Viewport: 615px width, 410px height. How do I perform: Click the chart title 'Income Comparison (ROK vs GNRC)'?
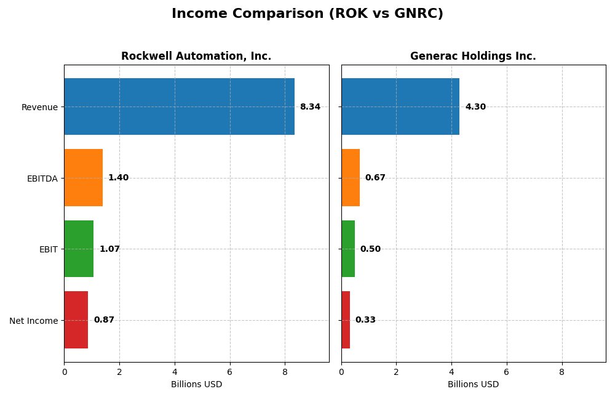[307, 14]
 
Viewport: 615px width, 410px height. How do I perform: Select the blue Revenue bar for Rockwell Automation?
[179, 107]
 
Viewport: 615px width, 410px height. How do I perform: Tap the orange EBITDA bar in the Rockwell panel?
[83, 177]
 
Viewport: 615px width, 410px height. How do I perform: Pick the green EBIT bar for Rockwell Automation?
[79, 249]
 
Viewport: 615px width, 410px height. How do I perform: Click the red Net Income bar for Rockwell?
[76, 320]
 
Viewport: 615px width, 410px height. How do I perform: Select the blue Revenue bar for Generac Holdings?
[400, 107]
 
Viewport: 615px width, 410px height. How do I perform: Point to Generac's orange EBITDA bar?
[351, 177]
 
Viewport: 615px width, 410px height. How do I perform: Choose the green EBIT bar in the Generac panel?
[348, 249]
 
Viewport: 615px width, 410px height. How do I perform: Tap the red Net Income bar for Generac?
[346, 320]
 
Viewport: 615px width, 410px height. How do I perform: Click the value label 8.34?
[310, 107]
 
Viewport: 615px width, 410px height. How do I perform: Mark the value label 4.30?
[475, 107]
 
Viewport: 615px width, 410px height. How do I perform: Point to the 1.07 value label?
[109, 249]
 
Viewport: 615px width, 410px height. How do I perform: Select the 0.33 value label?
[365, 320]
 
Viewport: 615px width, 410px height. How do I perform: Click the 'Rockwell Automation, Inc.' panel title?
[196, 57]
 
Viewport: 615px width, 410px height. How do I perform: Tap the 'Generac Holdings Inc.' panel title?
[473, 57]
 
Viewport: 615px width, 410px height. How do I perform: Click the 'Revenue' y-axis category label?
[39, 107]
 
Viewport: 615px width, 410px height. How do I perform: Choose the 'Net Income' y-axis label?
[34, 321]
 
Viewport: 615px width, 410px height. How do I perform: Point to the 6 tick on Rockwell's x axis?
[230, 372]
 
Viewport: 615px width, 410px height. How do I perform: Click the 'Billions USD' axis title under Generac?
[473, 385]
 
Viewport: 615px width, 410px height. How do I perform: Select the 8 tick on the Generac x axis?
[561, 372]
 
